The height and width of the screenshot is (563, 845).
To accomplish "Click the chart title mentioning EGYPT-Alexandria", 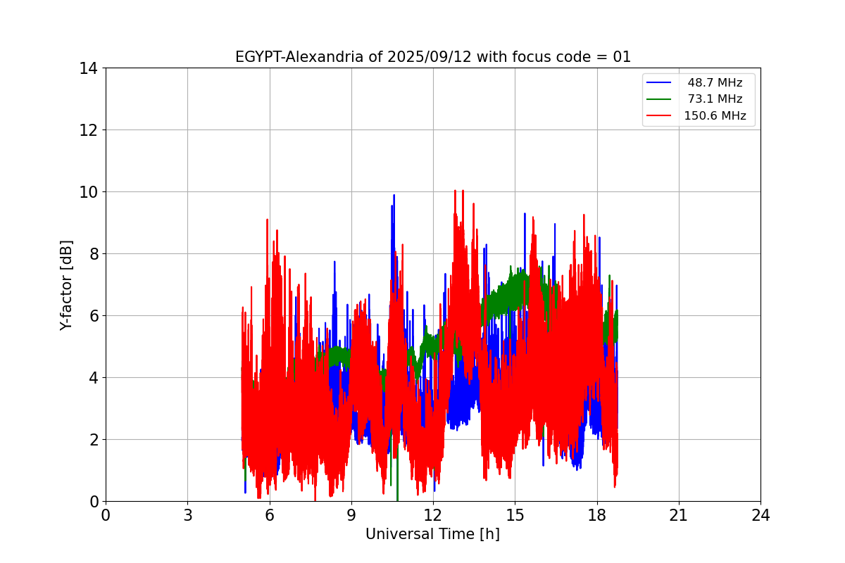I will (x=432, y=57).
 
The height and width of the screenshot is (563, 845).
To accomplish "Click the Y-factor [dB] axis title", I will (x=66, y=285).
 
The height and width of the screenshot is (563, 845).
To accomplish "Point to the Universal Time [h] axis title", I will (x=432, y=534).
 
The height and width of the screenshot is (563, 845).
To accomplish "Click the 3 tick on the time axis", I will (x=187, y=515).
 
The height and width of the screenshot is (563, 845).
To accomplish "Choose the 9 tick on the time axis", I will (x=351, y=515).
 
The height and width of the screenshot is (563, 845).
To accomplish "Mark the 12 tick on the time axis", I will (x=433, y=515).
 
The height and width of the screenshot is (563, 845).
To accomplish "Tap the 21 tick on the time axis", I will (x=678, y=515).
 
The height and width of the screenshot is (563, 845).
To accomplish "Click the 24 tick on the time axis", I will (x=760, y=515).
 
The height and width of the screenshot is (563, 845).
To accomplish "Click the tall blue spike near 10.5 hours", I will (x=394, y=196).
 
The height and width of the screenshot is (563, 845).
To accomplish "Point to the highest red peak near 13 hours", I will (x=455, y=191).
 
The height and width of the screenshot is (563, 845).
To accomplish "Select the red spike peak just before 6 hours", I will (x=267, y=220).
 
